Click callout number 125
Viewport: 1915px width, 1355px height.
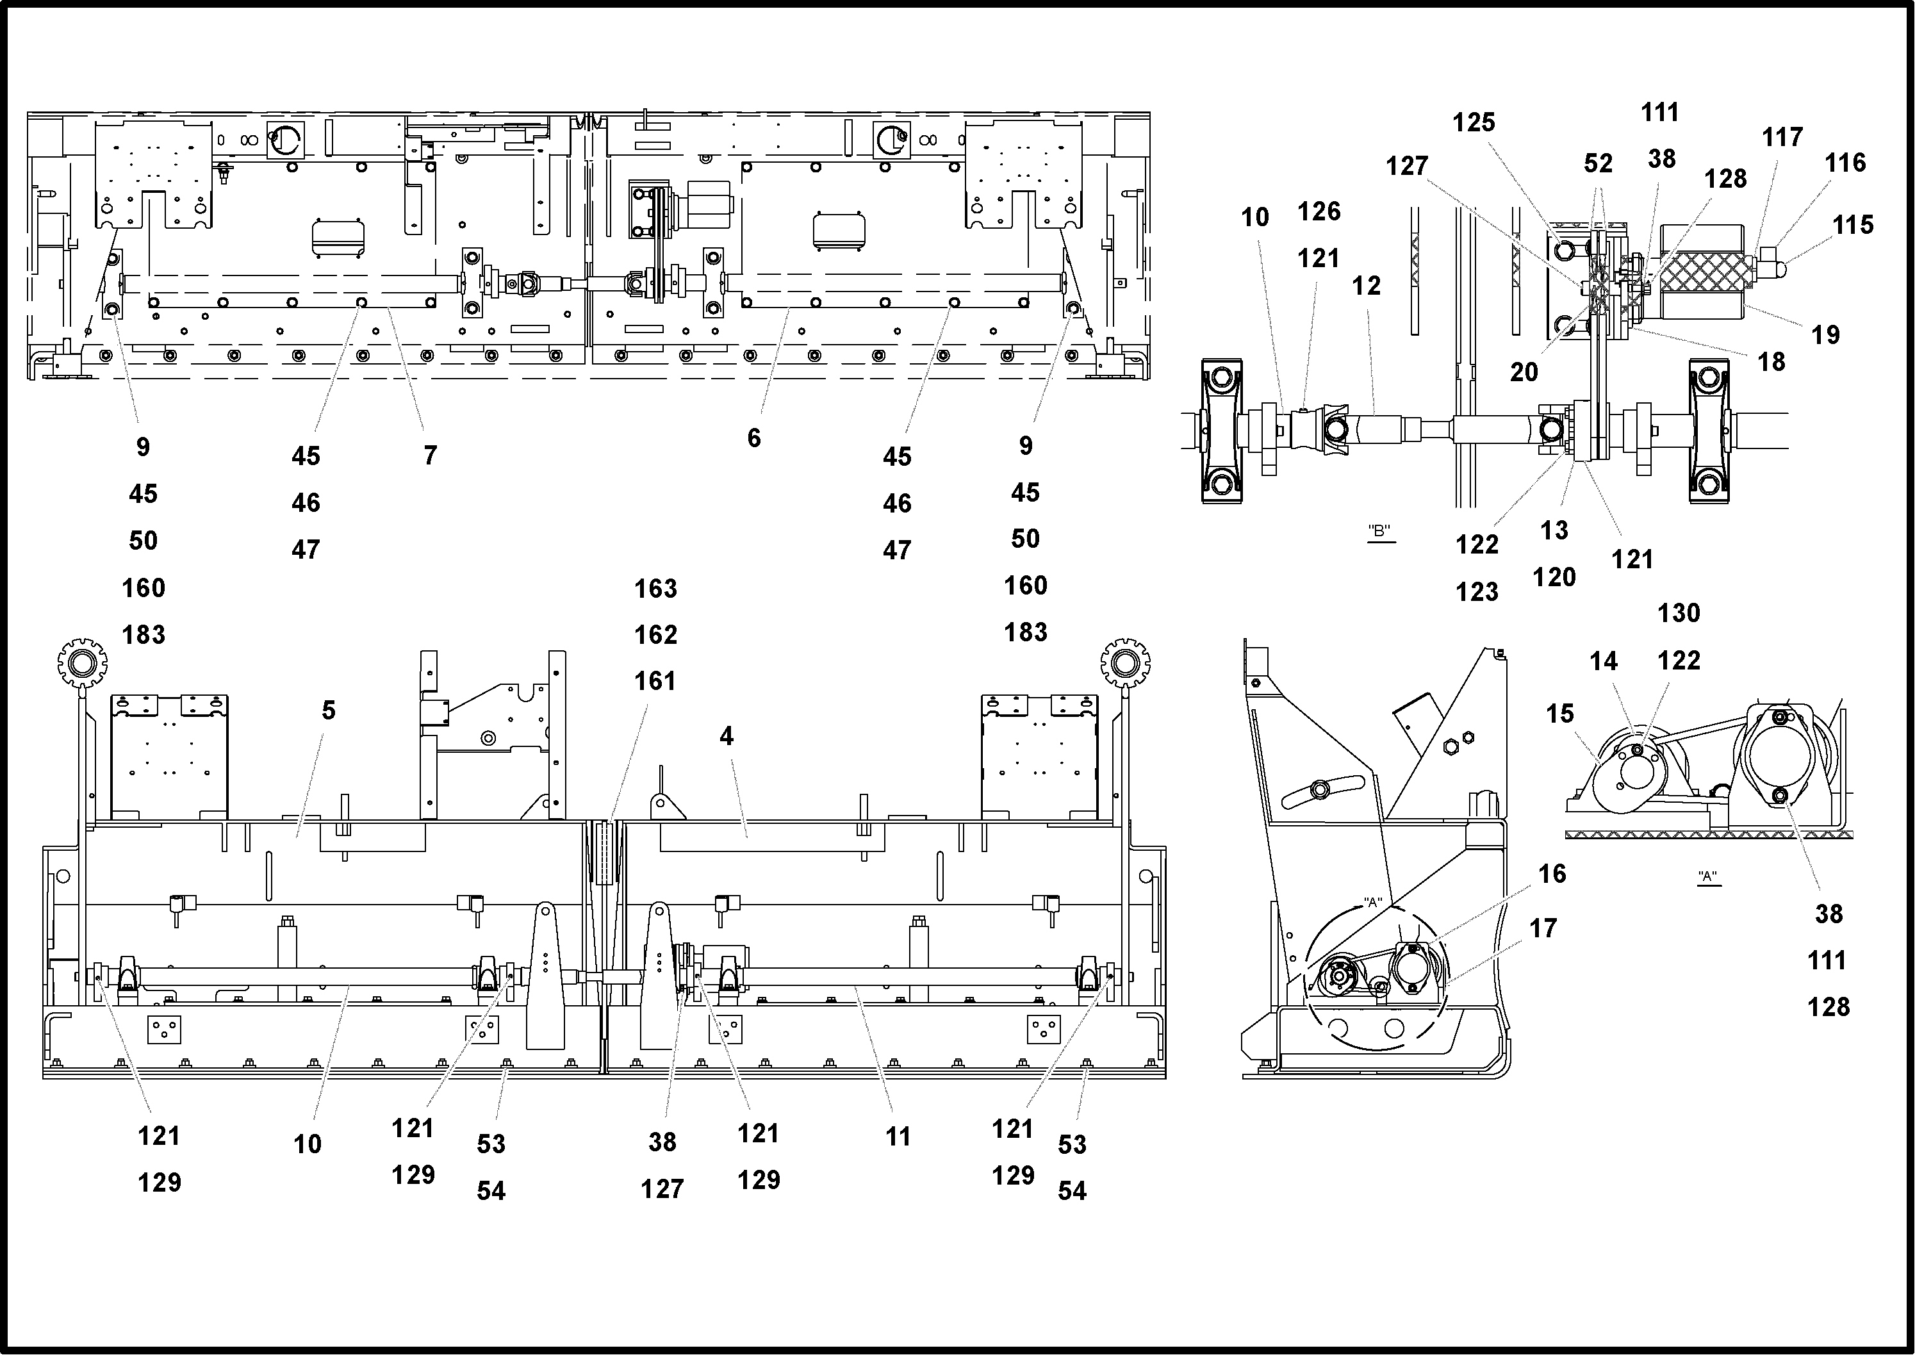pos(1473,122)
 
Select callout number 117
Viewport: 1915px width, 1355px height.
pos(1782,137)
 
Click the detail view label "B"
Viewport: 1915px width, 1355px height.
pos(1379,530)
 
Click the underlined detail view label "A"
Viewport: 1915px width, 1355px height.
pos(1707,877)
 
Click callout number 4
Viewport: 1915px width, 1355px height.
pos(726,736)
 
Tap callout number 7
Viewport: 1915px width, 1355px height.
pos(430,456)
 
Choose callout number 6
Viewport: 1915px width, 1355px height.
pos(753,438)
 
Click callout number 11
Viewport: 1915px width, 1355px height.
pos(897,1137)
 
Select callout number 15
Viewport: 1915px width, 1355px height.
pos(1559,714)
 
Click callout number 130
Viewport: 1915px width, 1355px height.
pos(1678,613)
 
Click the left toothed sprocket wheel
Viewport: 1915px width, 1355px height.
pos(82,664)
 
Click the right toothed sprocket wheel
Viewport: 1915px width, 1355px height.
pos(1125,664)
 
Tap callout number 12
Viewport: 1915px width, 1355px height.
pos(1365,286)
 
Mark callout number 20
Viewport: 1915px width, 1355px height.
pos(1523,372)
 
